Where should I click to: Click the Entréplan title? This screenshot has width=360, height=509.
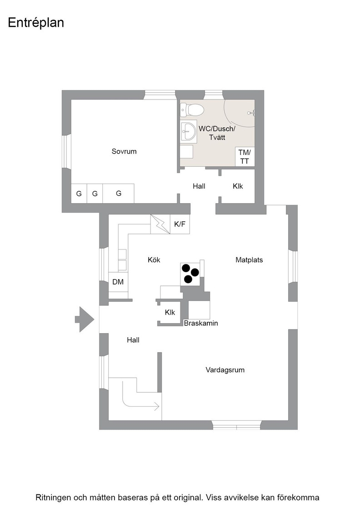pyautogui.click(x=36, y=23)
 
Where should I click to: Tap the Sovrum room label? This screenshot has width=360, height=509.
pyautogui.click(x=124, y=151)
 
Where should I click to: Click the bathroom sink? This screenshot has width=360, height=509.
pyautogui.click(x=189, y=131)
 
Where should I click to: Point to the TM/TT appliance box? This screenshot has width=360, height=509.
pyautogui.click(x=245, y=156)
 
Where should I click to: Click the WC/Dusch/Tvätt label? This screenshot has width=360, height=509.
pyautogui.click(x=217, y=133)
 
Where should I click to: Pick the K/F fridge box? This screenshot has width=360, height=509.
pyautogui.click(x=180, y=224)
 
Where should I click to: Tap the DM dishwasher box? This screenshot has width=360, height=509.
pyautogui.click(x=118, y=282)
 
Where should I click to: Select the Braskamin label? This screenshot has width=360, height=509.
pyautogui.click(x=201, y=323)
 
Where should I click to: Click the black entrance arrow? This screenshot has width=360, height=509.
pyautogui.click(x=85, y=319)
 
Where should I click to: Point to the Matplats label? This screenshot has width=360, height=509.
pyautogui.click(x=249, y=259)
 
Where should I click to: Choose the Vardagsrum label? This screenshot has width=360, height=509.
pyautogui.click(x=225, y=370)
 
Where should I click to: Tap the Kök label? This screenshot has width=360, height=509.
pyautogui.click(x=154, y=259)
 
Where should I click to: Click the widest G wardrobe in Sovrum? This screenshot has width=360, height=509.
pyautogui.click(x=119, y=194)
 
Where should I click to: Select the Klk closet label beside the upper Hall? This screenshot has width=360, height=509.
pyautogui.click(x=238, y=186)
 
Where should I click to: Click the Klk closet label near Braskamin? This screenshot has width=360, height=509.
pyautogui.click(x=170, y=312)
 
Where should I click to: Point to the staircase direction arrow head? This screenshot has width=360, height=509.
pyautogui.click(x=157, y=406)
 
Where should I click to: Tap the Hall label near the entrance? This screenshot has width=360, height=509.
pyautogui.click(x=133, y=340)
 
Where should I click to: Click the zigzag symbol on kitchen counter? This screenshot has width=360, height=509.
pyautogui.click(x=160, y=224)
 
